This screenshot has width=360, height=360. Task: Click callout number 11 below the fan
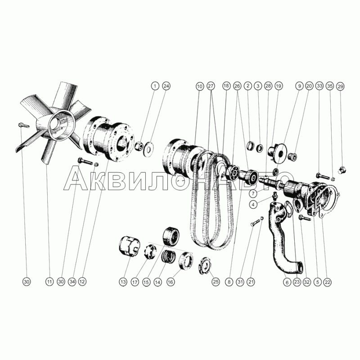[49, 281]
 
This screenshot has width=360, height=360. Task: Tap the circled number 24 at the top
[166, 85]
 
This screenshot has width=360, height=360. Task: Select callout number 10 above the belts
[199, 85]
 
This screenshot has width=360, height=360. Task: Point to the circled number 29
[340, 85]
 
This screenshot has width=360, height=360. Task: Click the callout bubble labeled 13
[123, 281]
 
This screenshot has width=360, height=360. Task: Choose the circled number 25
[216, 281]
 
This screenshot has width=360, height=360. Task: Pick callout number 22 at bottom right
[328, 281]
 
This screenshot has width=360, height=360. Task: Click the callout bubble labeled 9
[298, 85]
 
